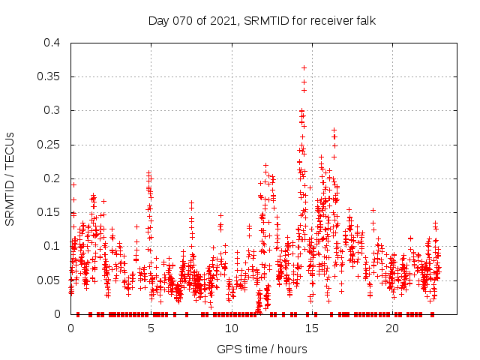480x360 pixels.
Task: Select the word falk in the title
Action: (363, 21)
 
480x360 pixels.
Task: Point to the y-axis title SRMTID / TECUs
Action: (10, 178)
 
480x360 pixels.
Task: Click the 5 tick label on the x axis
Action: (151, 328)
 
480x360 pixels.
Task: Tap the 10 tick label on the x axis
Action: (231, 328)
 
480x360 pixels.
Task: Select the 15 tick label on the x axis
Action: (311, 328)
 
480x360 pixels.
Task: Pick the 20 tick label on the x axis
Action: (391, 328)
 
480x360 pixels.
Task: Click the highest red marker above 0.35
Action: (304, 67)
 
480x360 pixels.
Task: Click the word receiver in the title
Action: (326, 21)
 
